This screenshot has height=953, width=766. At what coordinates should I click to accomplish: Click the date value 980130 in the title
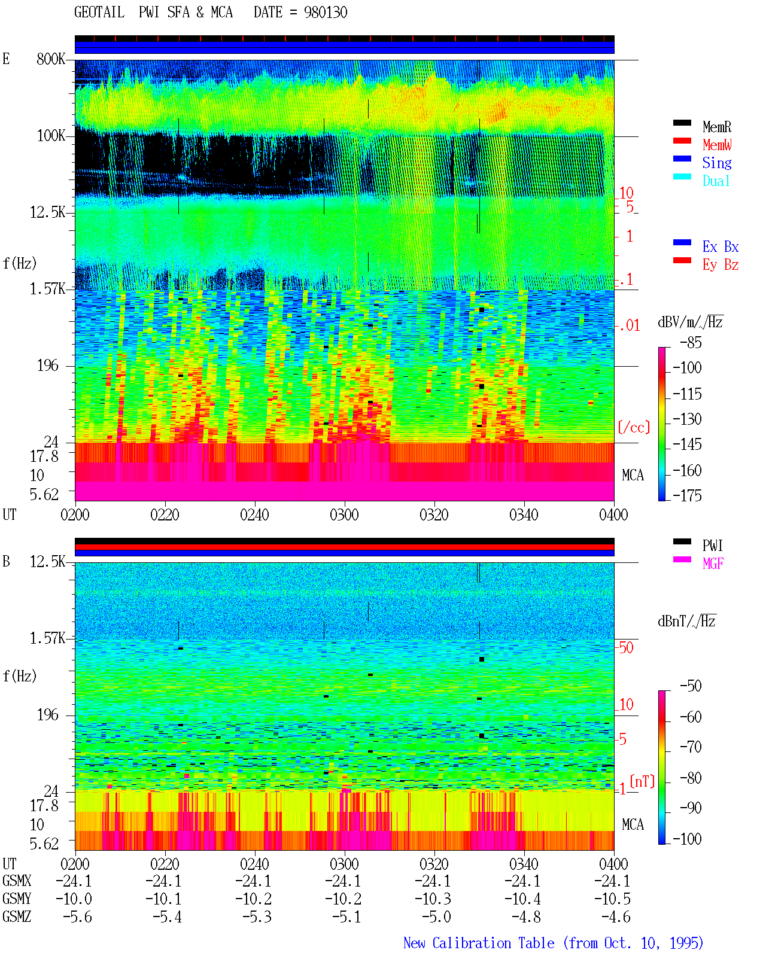(x=326, y=12)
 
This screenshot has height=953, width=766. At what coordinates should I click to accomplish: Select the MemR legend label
(x=717, y=127)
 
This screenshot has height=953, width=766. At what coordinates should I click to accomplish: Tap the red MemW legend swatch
(x=682, y=141)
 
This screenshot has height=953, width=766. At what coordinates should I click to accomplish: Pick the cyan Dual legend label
(x=716, y=181)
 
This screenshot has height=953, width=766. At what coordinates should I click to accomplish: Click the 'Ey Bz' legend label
(x=721, y=264)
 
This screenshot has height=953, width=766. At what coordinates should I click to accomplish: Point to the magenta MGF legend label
(x=713, y=564)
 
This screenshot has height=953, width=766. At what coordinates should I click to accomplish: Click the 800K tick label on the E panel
(x=51, y=59)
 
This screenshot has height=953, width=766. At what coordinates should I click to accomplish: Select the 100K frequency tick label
(x=51, y=136)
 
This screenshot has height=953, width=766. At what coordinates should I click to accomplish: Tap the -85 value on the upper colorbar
(x=691, y=342)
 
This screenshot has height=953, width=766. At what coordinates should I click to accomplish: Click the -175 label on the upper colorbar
(x=687, y=495)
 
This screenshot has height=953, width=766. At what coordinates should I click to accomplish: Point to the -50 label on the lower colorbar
(x=691, y=686)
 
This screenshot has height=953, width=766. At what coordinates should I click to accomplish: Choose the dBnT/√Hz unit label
(x=686, y=622)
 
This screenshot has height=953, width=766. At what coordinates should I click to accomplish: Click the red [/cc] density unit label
(x=634, y=427)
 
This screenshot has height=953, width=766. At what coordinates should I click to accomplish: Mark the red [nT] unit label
(x=642, y=781)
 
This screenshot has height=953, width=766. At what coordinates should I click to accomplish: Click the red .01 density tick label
(x=629, y=326)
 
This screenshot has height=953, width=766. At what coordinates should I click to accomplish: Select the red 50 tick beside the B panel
(x=626, y=648)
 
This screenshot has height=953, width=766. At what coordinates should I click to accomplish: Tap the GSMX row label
(x=17, y=881)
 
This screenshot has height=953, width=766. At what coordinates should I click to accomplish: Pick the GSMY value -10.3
(x=433, y=899)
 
